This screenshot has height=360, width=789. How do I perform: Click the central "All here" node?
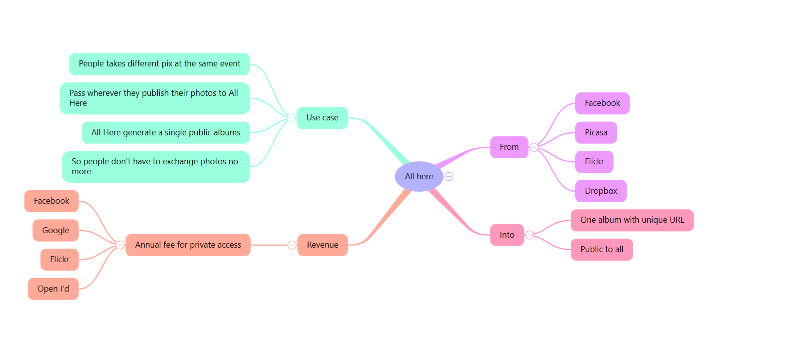418,176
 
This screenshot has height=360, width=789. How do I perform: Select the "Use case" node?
322,118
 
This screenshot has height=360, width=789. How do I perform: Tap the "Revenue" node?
322,245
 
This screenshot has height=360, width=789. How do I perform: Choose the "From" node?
509,147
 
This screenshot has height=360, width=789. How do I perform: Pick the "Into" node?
507,235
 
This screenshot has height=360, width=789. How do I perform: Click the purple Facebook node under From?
602,103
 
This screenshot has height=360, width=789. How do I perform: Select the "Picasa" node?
596,132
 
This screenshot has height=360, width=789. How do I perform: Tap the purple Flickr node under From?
594,161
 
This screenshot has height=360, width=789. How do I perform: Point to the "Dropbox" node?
601,191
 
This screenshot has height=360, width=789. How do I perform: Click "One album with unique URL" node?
632,220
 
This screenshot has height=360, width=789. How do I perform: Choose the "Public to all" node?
602,249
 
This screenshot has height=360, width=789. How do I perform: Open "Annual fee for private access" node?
188,245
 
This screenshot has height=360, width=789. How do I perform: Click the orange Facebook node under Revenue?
51,201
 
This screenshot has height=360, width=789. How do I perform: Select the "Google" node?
55,230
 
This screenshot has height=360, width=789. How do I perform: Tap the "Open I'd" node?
53,289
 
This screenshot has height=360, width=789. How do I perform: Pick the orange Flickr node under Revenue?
59,259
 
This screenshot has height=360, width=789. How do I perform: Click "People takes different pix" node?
159,64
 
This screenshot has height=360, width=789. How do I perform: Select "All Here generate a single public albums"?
166,132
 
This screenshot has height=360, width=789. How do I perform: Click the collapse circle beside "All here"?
449,176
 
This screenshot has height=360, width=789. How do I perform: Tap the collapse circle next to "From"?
534,147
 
